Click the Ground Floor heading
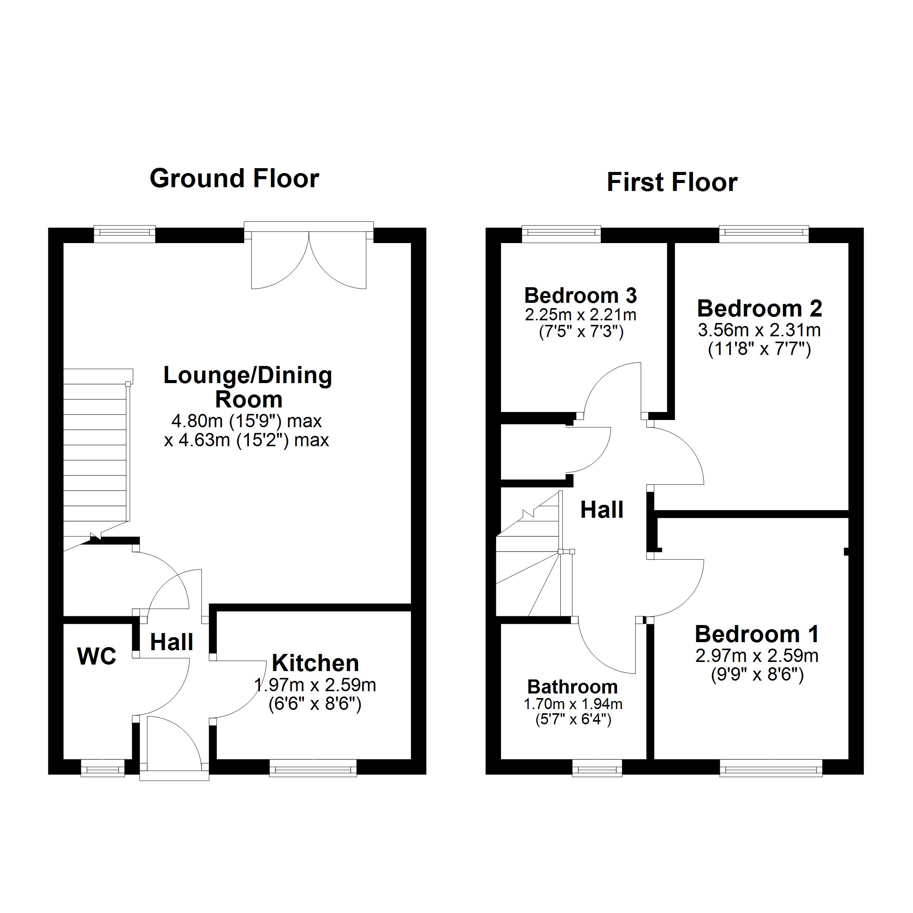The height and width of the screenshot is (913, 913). point(234,179)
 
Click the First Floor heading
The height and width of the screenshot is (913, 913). point(671,183)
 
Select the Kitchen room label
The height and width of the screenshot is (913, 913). point(315,663)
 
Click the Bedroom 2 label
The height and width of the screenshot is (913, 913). point(759,309)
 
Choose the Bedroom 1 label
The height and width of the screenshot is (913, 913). point(756,634)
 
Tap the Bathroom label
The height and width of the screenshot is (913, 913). point(572,687)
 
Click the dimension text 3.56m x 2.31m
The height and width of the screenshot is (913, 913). point(759,330)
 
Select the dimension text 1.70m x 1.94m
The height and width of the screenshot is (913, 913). point(573,704)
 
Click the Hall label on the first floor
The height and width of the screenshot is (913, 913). point(601,510)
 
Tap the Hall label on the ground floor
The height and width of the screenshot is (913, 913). point(172,642)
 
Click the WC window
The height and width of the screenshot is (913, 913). point(103,768)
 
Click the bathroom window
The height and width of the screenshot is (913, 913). point(597,768)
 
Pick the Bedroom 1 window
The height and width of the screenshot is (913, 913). point(771,768)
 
